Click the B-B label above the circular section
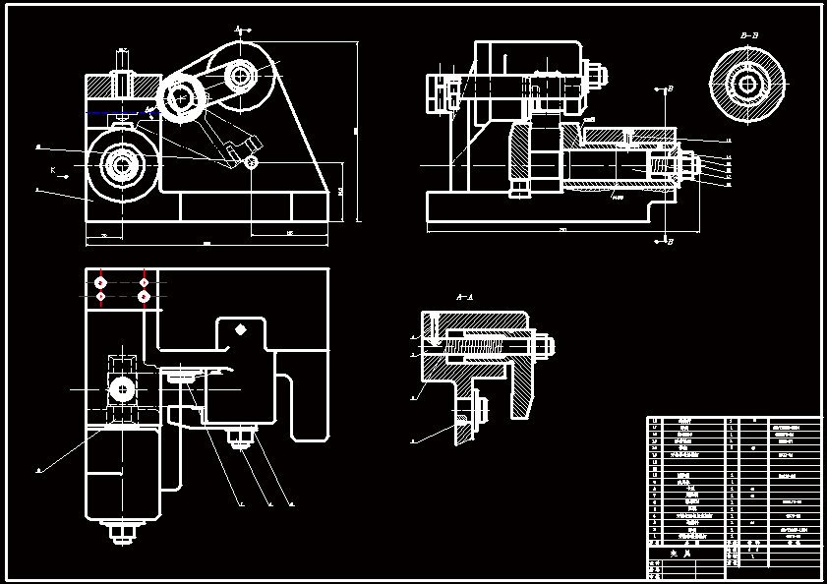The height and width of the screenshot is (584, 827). pos(749,35)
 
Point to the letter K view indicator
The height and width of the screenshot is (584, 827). pos(52,170)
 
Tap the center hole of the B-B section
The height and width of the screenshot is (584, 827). pos(749,84)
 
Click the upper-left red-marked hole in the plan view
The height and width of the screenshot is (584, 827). pos(101,282)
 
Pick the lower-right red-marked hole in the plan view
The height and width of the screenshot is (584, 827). pos(144,296)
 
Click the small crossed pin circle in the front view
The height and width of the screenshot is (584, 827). pos(253,162)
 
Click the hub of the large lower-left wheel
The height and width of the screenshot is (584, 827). pos(122,164)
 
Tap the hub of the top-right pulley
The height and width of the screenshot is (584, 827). pos(239,74)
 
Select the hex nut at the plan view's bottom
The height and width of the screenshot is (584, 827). pos(121,533)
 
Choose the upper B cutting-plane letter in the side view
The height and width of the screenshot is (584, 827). pos(670,88)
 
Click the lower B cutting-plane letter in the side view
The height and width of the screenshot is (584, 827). pos(670,240)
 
